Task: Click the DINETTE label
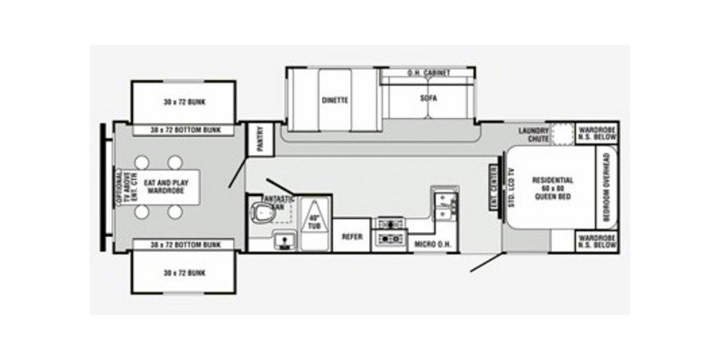[335, 101]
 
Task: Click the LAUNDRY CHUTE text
[534, 134]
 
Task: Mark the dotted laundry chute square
[562, 135]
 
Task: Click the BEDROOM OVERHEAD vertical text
[607, 186]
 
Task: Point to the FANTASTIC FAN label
[273, 201]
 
